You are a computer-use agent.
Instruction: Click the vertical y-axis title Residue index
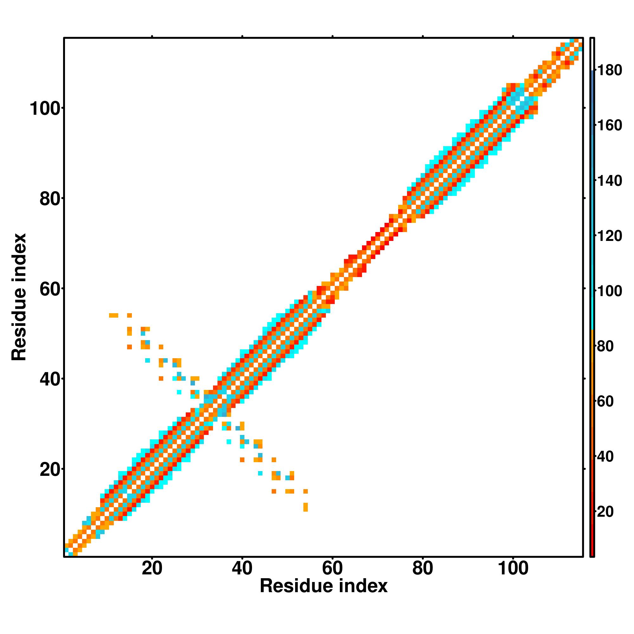pos(19,297)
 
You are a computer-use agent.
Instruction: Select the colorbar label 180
pos(609,70)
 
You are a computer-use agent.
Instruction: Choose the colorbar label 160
pos(609,125)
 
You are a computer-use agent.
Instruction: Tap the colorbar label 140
pos(609,181)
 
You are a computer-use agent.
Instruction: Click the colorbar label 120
pos(609,236)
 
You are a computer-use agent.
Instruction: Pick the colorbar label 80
pos(605,346)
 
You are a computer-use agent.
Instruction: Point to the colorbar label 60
pos(605,401)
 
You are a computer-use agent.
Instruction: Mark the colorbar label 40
pos(605,456)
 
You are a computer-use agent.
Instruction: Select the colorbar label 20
pos(605,512)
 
